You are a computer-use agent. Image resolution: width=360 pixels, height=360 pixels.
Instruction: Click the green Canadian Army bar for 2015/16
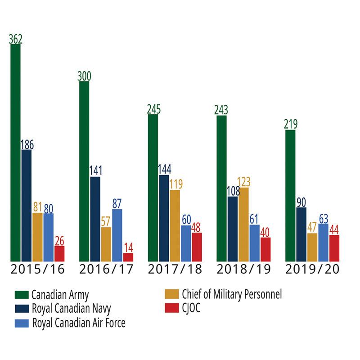click(15, 153)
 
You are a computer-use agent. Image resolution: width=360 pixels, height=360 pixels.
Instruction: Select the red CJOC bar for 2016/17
click(128, 257)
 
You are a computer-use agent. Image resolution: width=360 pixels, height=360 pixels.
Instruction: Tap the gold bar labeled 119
click(175, 225)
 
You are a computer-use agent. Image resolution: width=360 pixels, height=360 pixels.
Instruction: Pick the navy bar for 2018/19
click(233, 229)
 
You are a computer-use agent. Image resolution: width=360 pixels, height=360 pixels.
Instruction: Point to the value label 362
click(15, 39)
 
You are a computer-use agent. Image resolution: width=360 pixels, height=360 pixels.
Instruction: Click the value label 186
click(27, 145)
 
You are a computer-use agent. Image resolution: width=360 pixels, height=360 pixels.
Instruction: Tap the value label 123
click(243, 182)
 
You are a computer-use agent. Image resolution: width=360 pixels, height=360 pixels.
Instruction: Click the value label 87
click(117, 203)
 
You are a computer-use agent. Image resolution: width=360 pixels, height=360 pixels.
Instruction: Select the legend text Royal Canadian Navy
click(71, 309)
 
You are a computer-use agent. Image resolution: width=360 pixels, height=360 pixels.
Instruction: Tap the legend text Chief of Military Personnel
click(232, 295)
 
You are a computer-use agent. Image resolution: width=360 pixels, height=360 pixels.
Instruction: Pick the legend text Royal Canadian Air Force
click(78, 323)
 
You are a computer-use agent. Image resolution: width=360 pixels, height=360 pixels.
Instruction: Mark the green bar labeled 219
click(290, 195)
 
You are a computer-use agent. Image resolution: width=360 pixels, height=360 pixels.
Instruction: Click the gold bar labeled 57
click(106, 244)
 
